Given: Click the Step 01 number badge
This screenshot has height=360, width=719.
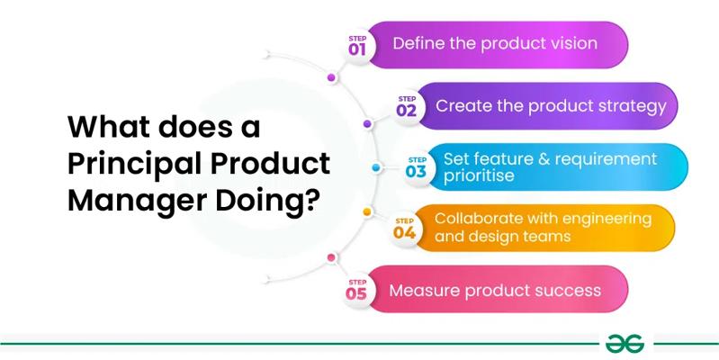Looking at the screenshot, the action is [357, 46].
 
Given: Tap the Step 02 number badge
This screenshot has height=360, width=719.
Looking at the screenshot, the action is [406, 106].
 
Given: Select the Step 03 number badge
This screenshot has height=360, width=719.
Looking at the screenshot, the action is [417, 167].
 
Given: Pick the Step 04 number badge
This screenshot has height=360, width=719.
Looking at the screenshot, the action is [404, 229].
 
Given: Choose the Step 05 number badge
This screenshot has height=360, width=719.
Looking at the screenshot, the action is [356, 290].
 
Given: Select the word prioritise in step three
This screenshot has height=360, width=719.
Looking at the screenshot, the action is [479, 175].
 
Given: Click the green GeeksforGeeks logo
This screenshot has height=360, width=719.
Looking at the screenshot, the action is [625, 344].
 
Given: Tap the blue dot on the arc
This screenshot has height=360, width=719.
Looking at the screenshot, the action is [376, 167].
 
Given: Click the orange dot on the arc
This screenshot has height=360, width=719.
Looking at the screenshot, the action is [367, 211].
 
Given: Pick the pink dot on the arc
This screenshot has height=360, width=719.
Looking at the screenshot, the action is [331, 257].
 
